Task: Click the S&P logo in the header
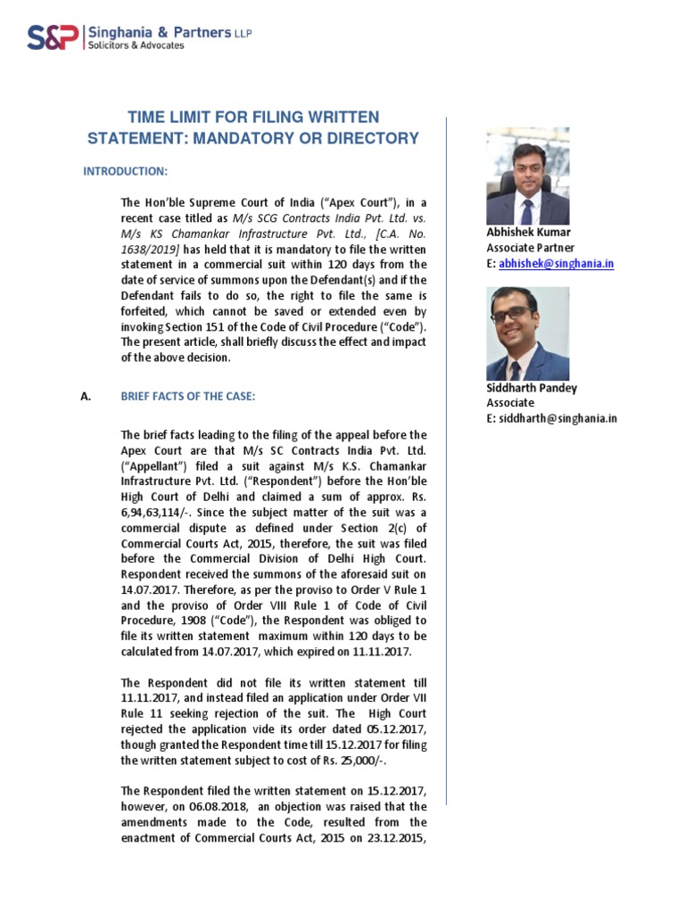point(51,37)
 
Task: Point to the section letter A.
point(87,397)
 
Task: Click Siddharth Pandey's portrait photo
point(527,333)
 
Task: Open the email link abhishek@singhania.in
point(557,264)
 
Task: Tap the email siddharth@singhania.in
point(558,418)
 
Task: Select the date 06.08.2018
point(210,806)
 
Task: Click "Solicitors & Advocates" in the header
point(135,45)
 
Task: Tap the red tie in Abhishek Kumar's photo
point(528,211)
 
